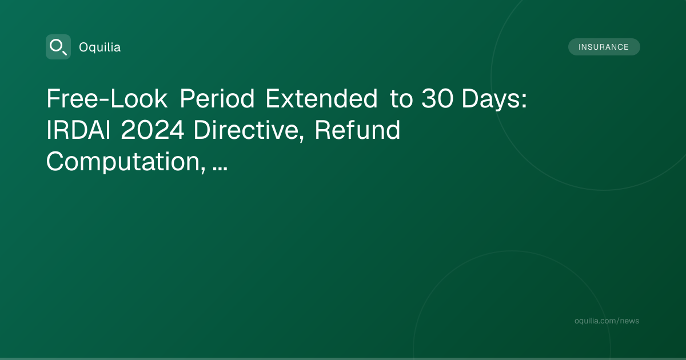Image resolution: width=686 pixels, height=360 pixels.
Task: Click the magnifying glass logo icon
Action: click(58, 47)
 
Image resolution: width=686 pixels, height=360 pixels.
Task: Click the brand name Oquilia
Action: click(100, 47)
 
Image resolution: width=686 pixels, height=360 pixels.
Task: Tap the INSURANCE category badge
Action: click(604, 47)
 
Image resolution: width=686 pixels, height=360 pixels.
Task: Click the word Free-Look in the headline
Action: click(107, 98)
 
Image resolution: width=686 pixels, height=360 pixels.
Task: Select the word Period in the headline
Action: click(217, 98)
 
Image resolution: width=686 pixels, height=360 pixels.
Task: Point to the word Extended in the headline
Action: click(321, 98)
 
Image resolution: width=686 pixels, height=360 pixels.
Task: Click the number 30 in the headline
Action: click(437, 98)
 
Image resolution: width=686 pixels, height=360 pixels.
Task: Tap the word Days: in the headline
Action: click(494, 100)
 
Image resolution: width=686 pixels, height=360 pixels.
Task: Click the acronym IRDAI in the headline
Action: click(78, 130)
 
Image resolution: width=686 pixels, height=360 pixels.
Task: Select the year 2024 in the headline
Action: click(153, 130)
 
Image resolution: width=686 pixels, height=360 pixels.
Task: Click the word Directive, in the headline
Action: click(248, 131)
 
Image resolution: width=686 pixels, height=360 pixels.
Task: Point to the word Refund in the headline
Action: click(357, 130)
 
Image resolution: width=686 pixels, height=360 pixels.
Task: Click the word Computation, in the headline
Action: click(126, 162)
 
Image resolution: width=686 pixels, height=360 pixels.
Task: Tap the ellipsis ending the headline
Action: click(220, 169)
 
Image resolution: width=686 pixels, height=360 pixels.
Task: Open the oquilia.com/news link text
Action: click(607, 321)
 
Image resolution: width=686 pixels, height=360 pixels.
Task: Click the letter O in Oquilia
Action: click(83, 47)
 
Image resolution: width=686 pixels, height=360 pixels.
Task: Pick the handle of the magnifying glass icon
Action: click(64, 53)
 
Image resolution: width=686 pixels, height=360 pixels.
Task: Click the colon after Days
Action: click(524, 100)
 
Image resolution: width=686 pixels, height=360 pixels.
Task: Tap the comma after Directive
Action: click(301, 139)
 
